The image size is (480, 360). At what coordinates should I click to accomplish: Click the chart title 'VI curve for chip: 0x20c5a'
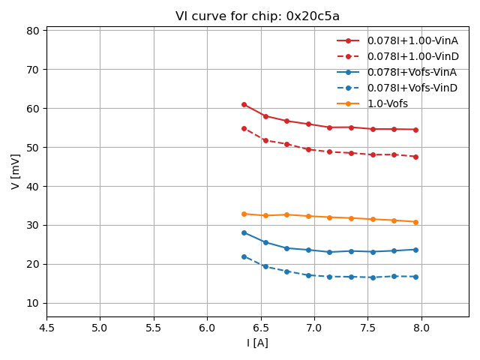257,16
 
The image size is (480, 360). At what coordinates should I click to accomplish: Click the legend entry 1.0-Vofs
387,103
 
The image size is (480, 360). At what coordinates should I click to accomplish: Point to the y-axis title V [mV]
16,171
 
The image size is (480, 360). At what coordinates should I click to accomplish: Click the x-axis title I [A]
257,343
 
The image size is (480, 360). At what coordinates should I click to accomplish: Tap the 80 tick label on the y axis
33,31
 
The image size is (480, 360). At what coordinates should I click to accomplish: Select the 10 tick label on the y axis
33,303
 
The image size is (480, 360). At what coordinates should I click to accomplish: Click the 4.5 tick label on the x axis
46,328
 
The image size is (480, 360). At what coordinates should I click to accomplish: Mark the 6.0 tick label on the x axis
207,328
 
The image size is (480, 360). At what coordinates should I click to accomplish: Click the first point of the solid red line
244,104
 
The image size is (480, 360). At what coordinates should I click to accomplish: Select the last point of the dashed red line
415,157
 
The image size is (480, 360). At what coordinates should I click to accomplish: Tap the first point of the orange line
244,214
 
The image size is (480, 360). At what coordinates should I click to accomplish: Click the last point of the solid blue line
415,250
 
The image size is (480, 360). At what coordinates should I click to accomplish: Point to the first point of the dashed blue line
244,256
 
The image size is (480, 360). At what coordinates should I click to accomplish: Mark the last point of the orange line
415,222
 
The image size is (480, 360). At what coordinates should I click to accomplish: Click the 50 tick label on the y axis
33,148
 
